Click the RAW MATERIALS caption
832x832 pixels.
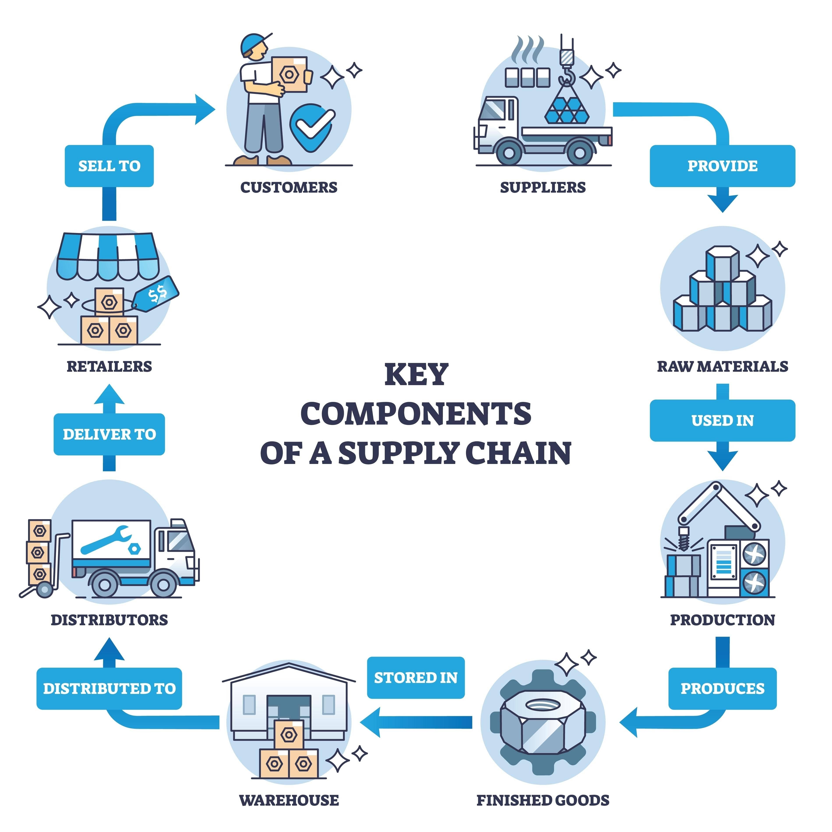click(x=722, y=367)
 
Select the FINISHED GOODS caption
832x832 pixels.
click(x=543, y=800)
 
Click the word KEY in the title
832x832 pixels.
click(x=416, y=375)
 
